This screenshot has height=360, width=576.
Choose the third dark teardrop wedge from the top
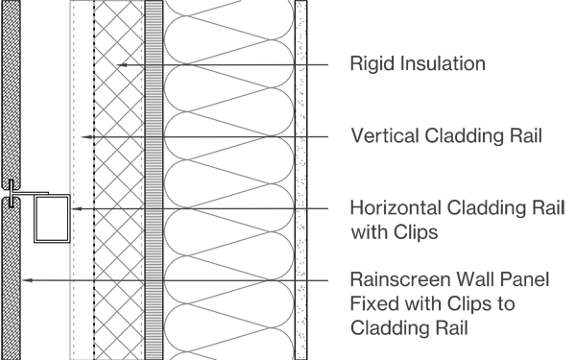click(245, 207)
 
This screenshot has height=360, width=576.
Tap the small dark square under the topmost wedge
click(186, 73)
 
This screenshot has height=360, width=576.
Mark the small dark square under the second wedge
click(272, 144)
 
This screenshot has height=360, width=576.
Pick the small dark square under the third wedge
click(186, 217)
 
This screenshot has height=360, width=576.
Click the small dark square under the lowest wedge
click(272, 287)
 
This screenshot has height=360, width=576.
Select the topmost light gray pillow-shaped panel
click(228, 27)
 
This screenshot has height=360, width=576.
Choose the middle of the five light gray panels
click(228, 173)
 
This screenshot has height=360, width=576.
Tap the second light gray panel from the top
click(228, 100)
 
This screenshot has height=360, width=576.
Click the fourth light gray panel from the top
click(228, 244)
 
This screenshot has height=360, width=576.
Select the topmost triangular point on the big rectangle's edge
click(315, 63)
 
